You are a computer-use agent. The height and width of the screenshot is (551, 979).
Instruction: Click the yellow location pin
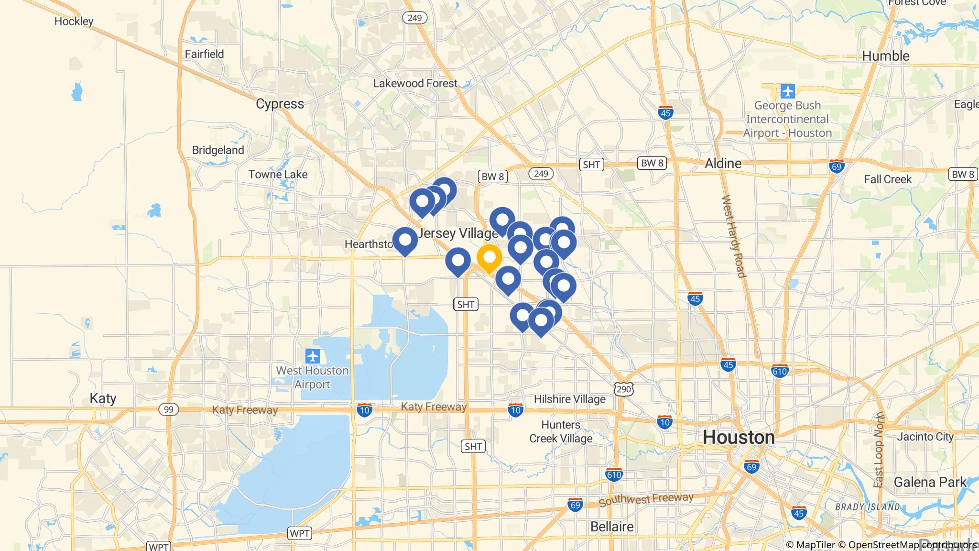489,258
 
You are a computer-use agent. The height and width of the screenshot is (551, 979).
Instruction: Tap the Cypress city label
280,104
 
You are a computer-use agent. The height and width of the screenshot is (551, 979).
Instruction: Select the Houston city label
739,437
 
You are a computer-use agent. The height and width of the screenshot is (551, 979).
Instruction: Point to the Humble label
885,56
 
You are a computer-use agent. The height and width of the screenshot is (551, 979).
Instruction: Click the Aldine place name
723,163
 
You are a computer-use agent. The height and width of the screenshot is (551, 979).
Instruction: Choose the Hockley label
74,21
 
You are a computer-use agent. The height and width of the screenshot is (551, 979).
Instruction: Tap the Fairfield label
204,54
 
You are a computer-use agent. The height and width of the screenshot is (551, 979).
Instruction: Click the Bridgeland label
218,150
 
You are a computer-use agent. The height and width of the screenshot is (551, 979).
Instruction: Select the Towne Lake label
278,175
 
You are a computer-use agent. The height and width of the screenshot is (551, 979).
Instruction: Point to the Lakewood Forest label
415,83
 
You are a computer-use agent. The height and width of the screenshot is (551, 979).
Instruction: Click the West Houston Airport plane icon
313,356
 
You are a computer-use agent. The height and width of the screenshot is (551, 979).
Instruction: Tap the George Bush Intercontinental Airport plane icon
787,91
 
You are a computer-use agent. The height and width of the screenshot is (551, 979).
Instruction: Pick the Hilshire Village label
569,399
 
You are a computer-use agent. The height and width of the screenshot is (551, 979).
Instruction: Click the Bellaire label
611,527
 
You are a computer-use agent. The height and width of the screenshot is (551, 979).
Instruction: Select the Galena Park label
930,482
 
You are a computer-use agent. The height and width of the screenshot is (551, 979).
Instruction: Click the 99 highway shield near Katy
168,409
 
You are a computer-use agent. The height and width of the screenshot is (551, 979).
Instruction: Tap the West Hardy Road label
734,236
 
